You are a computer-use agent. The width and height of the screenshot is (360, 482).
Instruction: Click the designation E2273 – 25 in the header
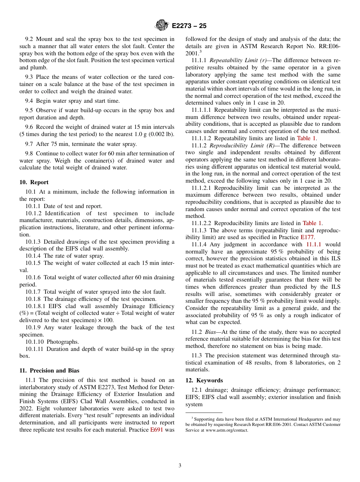(189, 26)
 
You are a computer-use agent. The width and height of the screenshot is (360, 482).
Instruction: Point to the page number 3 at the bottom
(180, 465)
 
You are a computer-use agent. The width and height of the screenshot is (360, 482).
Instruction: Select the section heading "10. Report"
(34, 182)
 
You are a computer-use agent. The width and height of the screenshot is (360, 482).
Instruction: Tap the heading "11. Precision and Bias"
(49, 371)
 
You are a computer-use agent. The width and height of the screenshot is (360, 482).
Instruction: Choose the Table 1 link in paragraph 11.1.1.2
(306, 138)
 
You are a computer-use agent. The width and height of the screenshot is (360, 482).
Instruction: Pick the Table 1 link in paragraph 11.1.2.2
(312, 223)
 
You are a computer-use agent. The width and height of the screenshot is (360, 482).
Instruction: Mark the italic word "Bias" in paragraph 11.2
(210, 332)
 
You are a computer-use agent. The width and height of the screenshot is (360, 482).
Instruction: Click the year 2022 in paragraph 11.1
(26, 408)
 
